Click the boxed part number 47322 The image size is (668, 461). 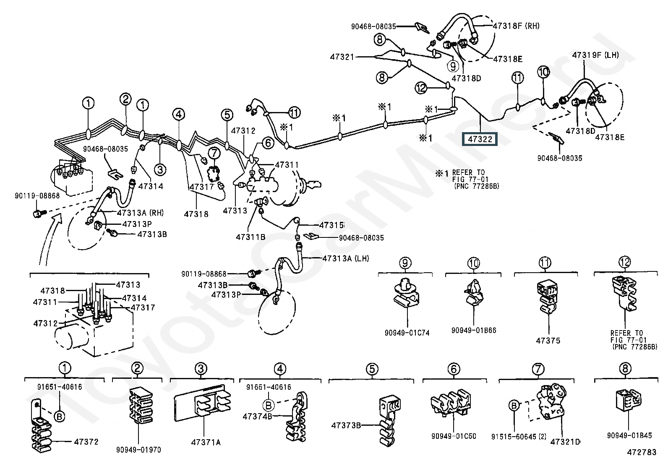[479, 139]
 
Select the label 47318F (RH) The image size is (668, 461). [516, 26]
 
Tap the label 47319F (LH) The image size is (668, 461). [595, 55]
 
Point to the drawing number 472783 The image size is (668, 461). [641, 452]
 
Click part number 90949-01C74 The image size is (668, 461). [407, 333]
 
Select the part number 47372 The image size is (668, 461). [86, 442]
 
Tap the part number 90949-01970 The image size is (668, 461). [138, 450]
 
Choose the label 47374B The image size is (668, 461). [257, 416]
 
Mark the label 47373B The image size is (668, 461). [346, 425]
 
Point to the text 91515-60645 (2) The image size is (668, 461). [519, 437]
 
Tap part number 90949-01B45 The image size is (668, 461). [629, 435]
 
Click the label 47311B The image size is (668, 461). [250, 237]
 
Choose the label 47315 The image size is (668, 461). [331, 225]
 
